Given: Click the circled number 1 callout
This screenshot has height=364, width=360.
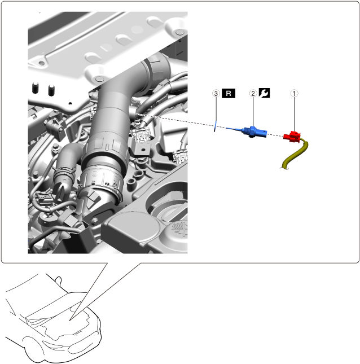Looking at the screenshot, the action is pyautogui.click(x=295, y=94).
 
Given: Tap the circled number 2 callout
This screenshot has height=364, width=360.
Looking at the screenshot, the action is pyautogui.click(x=253, y=93).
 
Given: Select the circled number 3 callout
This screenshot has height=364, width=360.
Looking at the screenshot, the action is pyautogui.click(x=216, y=93).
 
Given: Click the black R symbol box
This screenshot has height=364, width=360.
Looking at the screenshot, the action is pyautogui.click(x=229, y=93).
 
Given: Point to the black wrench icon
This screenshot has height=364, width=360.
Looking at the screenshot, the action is pyautogui.click(x=265, y=93).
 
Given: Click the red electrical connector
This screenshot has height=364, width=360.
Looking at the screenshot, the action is pyautogui.click(x=292, y=137).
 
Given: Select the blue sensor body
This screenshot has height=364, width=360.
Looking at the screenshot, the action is pyautogui.click(x=251, y=132).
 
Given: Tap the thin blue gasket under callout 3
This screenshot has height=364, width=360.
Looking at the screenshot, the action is pyautogui.click(x=215, y=126).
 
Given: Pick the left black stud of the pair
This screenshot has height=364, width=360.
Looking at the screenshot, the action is pyautogui.click(x=35, y=87).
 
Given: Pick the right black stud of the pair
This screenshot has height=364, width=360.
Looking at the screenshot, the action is pyautogui.click(x=51, y=90).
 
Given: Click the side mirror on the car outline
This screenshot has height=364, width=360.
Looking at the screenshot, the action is pyautogui.click(x=59, y=280).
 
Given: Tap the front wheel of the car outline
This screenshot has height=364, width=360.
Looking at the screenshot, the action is pyautogui.click(x=35, y=348).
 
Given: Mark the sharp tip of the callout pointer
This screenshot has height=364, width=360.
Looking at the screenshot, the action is pyautogui.click(x=69, y=321).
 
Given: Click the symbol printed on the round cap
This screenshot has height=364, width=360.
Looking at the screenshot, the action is pyautogui.click(x=180, y=229).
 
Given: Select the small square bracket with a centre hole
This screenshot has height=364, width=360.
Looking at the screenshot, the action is pyautogui.click(x=142, y=150).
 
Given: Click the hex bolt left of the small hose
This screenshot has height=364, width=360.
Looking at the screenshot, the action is pyautogui.click(x=55, y=147).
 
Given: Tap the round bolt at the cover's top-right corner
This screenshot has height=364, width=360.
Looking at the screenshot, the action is pyautogui.click(x=179, y=32).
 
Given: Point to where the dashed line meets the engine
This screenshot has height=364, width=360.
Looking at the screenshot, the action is pyautogui.click(x=136, y=114).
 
